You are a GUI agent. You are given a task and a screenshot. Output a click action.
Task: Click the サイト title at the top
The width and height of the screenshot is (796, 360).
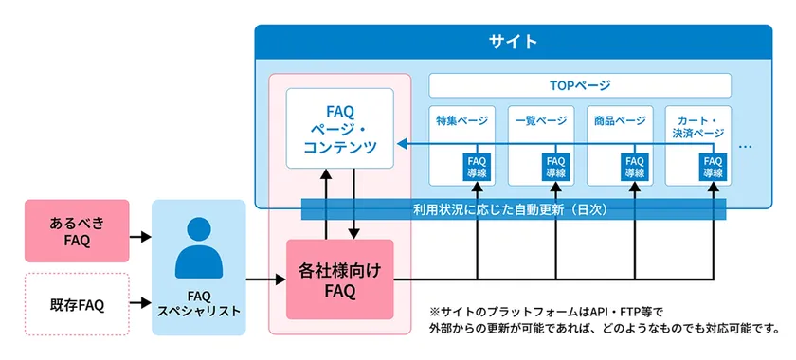(x=513, y=42)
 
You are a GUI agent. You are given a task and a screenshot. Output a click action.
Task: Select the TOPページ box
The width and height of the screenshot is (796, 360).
(x=580, y=84)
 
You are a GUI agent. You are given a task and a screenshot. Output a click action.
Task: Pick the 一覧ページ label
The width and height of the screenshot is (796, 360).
(x=539, y=120)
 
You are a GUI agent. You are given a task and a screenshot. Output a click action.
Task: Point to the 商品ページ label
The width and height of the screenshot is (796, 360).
(x=619, y=120)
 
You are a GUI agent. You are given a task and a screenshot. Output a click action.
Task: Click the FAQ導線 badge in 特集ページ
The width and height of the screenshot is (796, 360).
(x=476, y=167)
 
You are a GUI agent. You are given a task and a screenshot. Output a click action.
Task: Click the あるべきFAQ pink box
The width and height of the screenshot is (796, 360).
(x=76, y=231)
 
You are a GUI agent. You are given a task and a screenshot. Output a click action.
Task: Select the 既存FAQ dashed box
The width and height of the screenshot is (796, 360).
(x=76, y=304)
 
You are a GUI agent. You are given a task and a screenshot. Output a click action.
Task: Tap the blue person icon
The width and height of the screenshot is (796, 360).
(x=198, y=247)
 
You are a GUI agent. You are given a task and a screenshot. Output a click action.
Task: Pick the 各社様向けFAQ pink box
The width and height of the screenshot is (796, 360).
(x=338, y=279)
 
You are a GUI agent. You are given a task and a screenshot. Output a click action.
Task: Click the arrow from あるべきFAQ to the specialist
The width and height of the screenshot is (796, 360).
(x=140, y=237)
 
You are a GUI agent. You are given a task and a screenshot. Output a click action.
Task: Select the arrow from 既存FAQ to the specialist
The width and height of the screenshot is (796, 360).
(x=140, y=302)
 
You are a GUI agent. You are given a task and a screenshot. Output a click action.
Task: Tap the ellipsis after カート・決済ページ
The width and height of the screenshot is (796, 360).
(x=746, y=148)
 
